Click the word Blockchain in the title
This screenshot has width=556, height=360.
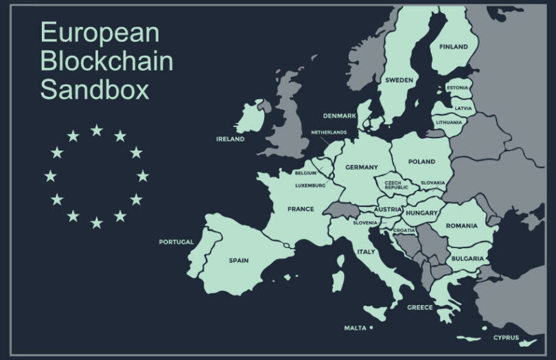tap(106, 61)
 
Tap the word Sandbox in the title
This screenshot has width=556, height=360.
tap(94, 90)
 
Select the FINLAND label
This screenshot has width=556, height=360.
tap(453, 47)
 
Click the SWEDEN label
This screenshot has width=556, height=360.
tap(399, 80)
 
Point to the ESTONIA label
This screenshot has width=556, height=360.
tap(457, 88)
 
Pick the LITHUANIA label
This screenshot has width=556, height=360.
tap(449, 122)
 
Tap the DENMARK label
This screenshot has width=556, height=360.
tap(339, 115)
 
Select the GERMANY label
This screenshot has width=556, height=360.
tap(361, 168)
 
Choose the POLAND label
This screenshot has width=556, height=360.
tap(421, 161)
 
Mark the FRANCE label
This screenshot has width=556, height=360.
tap(301, 209)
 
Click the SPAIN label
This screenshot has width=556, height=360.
tap(238, 260)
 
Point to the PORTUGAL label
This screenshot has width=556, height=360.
tap(176, 242)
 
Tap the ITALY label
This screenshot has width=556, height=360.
tap(366, 252)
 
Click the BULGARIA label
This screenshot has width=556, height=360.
tap(467, 258)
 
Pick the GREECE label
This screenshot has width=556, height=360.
tap(419, 307)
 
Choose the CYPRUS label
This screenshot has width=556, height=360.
tap(506, 337)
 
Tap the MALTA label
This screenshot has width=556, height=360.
tap(355, 328)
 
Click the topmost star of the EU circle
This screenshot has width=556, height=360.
tap(96, 130)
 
